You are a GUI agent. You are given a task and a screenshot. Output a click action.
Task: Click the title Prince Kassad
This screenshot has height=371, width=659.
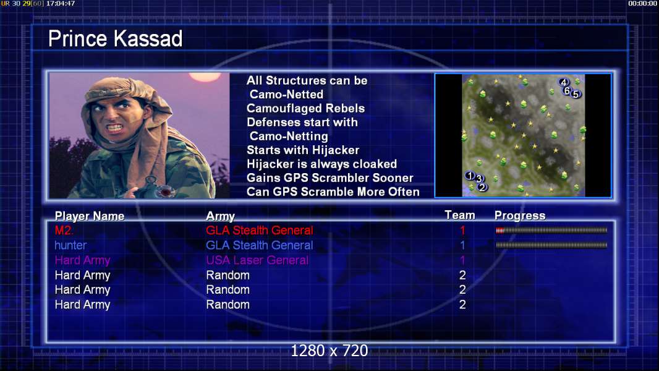(115, 39)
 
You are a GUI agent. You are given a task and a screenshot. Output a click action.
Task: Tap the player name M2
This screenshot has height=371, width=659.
(64, 230)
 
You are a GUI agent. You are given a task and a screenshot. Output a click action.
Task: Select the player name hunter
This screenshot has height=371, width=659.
(70, 245)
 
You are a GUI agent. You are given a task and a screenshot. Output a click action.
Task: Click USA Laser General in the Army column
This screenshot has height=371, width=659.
(257, 260)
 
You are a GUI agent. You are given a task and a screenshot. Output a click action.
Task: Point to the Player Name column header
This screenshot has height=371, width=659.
(90, 216)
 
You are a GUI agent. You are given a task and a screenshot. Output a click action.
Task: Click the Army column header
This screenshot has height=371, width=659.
(220, 216)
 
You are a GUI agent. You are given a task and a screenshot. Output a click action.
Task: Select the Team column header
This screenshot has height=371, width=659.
(460, 215)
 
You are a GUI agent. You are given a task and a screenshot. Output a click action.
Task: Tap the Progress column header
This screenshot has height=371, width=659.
(520, 216)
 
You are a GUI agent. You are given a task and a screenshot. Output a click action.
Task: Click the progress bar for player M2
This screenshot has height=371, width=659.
(551, 230)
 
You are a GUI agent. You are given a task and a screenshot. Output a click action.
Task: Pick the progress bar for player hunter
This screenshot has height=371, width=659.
(551, 245)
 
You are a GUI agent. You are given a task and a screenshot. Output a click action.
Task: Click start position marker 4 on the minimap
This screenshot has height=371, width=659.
(564, 82)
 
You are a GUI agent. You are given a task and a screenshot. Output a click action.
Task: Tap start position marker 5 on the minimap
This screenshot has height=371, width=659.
(576, 94)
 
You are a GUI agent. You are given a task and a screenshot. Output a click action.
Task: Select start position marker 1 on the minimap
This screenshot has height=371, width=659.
(470, 175)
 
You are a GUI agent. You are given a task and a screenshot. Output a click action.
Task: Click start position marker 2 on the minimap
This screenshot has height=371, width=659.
(482, 187)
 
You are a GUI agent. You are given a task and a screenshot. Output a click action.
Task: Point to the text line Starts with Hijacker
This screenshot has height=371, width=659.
(303, 150)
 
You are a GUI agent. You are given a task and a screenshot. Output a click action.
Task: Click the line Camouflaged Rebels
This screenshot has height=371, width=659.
(305, 108)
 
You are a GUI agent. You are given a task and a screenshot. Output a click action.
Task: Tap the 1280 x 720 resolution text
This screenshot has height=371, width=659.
(329, 351)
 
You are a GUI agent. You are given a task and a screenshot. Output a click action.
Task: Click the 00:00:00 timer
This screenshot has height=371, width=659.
(642, 3)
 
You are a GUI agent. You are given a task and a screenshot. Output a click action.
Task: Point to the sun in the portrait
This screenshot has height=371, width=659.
(205, 77)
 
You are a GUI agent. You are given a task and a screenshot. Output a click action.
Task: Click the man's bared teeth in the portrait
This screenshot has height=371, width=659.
(114, 127)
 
